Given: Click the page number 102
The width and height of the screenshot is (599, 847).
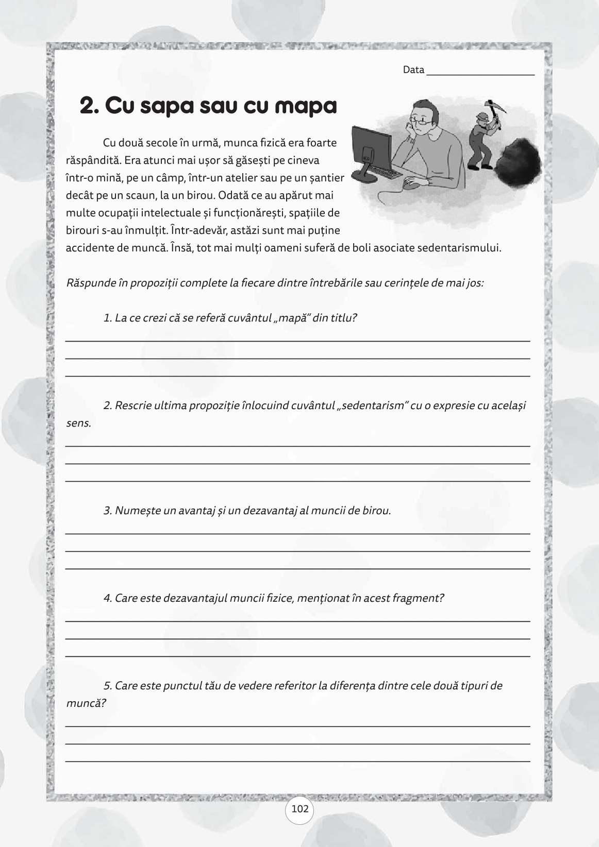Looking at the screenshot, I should coord(299,809).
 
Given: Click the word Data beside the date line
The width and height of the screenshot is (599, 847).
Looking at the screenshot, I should coord(413,70).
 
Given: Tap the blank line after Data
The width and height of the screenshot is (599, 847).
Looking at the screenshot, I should coord(480,73).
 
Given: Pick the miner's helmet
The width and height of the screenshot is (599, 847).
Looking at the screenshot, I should coord(481,116).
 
